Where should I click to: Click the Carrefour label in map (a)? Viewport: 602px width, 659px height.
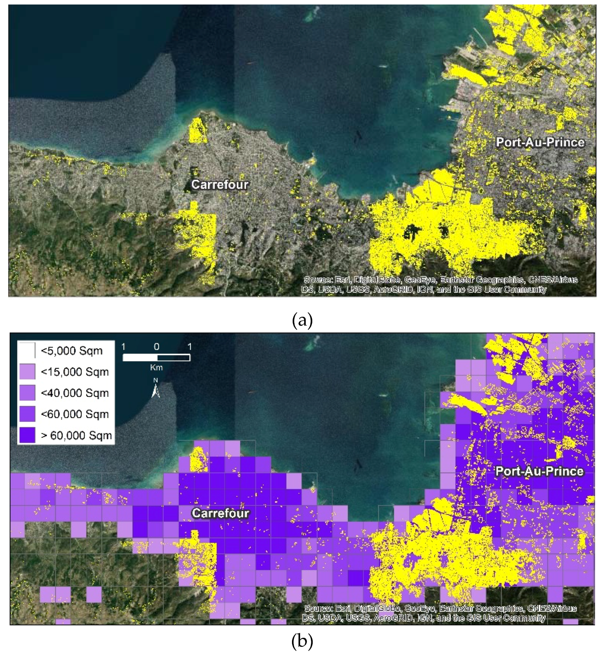point(220,185)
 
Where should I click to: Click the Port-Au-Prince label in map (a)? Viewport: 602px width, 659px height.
point(540,142)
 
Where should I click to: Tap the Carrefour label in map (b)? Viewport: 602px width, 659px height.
point(221,513)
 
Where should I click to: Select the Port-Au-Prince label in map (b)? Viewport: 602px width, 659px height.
point(539,471)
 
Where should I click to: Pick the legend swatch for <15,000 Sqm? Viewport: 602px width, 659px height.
point(27,372)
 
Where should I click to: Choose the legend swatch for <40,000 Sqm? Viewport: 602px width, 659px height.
point(27,393)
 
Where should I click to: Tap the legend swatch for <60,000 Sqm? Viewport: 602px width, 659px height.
point(27,414)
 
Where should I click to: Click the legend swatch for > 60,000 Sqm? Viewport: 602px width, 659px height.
point(27,435)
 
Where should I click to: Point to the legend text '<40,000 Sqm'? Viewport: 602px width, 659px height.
point(75,393)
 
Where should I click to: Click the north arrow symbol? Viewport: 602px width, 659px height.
point(156,389)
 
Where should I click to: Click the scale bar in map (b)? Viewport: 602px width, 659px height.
point(156,358)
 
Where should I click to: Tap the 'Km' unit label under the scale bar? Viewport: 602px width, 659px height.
point(156,368)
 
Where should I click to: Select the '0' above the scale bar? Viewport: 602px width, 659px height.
point(157,347)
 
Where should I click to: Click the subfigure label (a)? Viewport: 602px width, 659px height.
point(302,320)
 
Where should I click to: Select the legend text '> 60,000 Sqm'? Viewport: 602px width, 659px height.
point(76,435)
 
